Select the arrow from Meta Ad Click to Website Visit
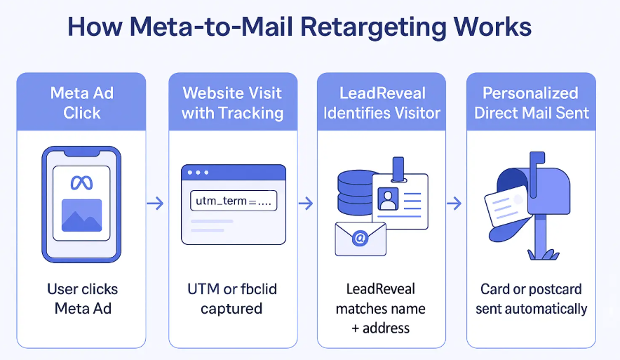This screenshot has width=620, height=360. [156, 204]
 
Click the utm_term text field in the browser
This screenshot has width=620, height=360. [234, 201]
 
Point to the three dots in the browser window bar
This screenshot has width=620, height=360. [198, 173]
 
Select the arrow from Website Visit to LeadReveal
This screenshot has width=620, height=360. [305, 204]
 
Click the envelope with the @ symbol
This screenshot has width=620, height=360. [360, 239]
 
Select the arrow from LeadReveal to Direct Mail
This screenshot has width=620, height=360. [454, 204]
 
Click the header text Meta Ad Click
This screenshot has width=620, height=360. [81, 103]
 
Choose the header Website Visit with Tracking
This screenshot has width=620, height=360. [232, 103]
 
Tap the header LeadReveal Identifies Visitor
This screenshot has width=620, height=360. [382, 103]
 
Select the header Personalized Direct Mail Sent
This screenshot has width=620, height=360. [531, 103]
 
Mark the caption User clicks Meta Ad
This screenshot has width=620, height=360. [82, 298]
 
